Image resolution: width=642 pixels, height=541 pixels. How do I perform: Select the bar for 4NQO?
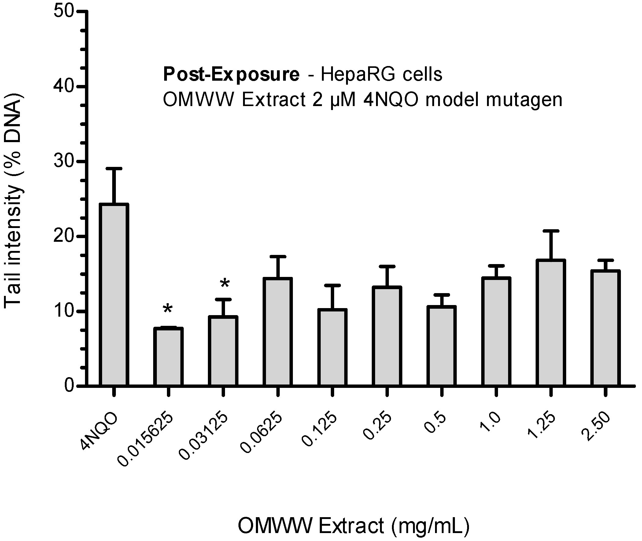[x=114, y=294]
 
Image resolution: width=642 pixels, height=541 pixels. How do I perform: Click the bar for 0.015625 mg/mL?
[x=168, y=356]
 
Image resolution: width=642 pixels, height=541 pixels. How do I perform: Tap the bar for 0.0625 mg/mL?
[x=278, y=332]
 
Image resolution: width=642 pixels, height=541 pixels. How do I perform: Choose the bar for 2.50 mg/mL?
[x=605, y=328]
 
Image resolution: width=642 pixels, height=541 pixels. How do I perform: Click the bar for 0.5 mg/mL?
[x=441, y=346]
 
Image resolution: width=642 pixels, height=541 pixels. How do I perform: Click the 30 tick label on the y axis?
[x=63, y=161]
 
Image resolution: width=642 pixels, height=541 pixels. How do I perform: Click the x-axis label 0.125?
[x=319, y=429]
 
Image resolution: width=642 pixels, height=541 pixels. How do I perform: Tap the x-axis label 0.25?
[x=377, y=426]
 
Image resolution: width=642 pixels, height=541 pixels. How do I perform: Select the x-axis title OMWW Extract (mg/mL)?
[x=354, y=526]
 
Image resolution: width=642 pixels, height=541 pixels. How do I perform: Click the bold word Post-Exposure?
[x=231, y=74]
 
